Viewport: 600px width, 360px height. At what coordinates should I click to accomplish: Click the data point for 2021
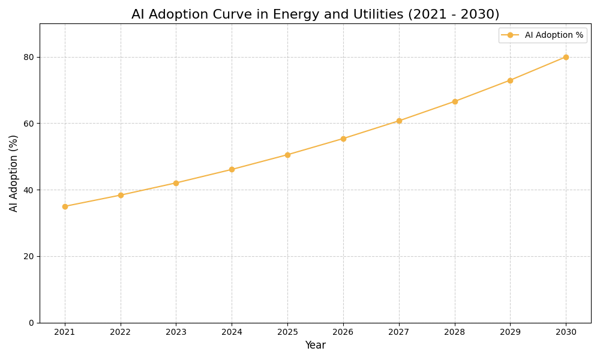(65, 206)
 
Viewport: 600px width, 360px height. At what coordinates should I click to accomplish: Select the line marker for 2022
(121, 195)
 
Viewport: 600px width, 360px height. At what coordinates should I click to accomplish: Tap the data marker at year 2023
(176, 183)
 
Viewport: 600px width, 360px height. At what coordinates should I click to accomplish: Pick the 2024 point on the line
(232, 169)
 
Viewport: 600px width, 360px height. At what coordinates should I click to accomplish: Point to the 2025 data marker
(287, 155)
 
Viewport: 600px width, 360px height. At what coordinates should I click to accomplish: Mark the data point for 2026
(343, 139)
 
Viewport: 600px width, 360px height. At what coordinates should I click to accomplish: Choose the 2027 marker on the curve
(399, 121)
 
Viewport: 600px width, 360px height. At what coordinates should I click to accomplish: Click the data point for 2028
(455, 101)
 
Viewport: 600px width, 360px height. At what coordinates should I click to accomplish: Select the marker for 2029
(510, 80)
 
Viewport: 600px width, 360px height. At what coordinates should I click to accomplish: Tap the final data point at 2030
(566, 57)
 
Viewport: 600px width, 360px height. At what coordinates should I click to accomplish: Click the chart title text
(315, 14)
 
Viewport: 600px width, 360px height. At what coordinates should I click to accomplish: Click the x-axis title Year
(315, 346)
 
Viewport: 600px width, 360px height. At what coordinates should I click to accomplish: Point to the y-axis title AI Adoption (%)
(14, 173)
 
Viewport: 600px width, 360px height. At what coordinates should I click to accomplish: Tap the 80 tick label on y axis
(28, 57)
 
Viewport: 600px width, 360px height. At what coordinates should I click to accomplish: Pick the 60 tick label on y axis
(28, 124)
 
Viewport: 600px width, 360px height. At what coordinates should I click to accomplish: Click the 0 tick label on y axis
(31, 323)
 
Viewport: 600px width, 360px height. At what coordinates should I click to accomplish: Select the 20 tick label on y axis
(28, 256)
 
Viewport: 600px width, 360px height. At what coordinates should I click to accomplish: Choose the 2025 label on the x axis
(287, 332)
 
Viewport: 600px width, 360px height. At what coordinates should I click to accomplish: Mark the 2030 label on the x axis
(566, 332)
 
